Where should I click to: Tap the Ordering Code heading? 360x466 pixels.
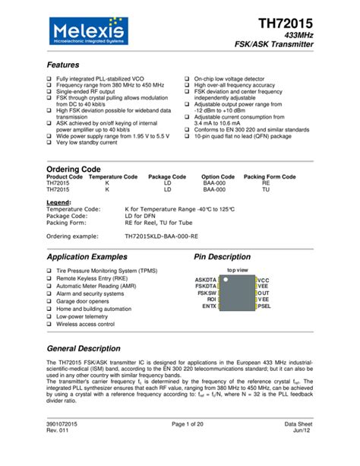[x=74, y=167]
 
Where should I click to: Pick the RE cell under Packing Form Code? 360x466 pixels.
[x=266, y=183]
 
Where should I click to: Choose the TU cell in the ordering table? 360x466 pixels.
[x=266, y=190]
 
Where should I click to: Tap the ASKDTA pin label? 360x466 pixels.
[x=206, y=281]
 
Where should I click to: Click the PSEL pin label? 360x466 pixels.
[x=264, y=306]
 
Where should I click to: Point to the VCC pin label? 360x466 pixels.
[x=264, y=281]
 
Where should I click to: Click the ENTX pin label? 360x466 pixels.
[x=209, y=306]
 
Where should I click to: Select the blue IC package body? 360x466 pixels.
[x=237, y=293]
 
